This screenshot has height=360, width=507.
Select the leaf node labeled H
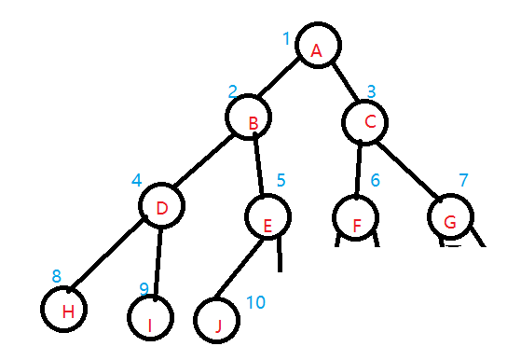(67, 309)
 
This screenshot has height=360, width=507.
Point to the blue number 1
(286, 38)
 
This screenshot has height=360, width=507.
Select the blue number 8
(57, 276)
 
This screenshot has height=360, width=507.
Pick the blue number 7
(463, 179)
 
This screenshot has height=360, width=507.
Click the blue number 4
(136, 178)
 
